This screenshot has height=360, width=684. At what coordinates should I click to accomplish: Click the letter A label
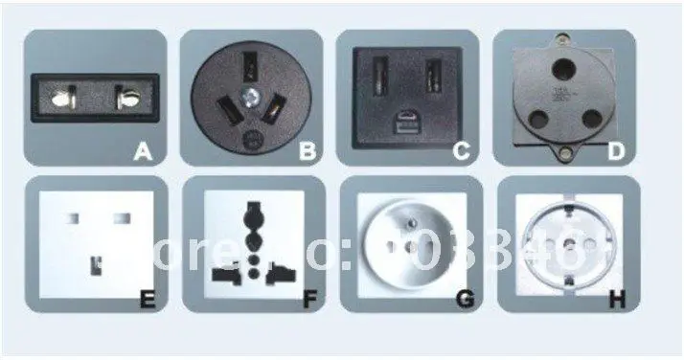coord(145,150)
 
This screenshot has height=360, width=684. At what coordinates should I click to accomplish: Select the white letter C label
coord(461,150)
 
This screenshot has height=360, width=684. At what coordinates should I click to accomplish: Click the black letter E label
coord(147,299)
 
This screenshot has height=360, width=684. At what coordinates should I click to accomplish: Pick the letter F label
coord(308,299)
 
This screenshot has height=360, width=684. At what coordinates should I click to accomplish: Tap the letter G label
coord(465,299)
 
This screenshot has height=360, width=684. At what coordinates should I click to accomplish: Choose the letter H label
coord(617,299)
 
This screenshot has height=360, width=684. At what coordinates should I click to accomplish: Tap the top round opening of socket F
coord(255,208)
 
